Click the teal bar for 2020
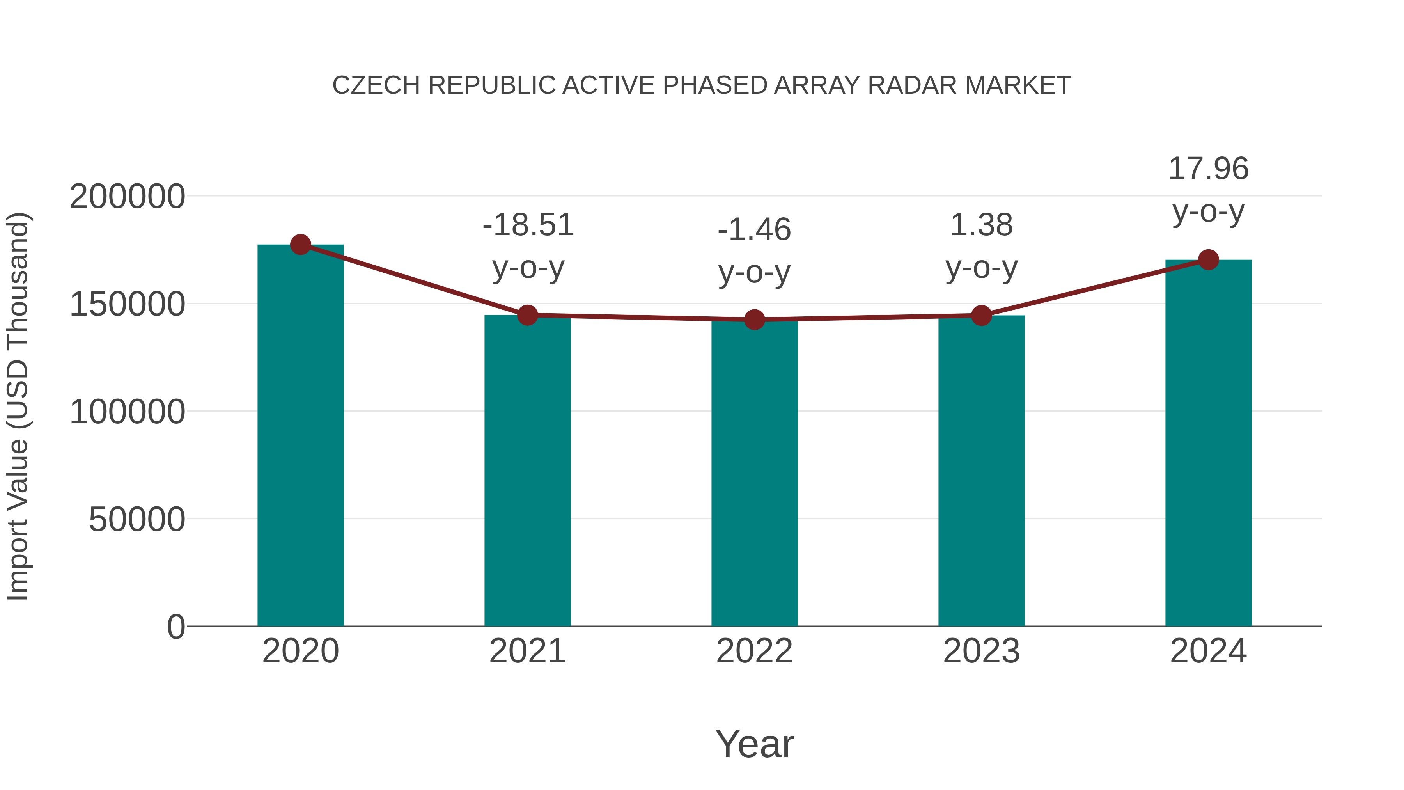[300, 436]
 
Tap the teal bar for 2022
[754, 474]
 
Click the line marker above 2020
[300, 244]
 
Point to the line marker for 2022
[754, 320]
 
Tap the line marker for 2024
[1208, 259]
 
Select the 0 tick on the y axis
[176, 627]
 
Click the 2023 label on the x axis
[981, 651]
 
